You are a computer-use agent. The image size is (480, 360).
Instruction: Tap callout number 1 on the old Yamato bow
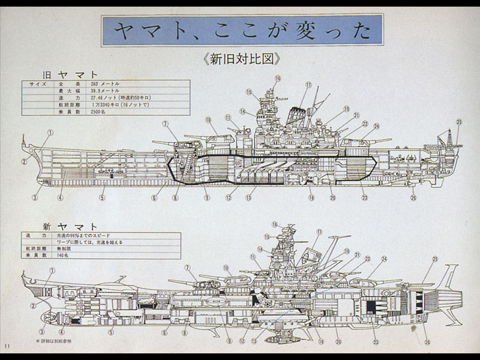pos(50,133)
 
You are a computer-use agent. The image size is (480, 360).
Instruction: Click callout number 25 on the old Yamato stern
pos(459,122)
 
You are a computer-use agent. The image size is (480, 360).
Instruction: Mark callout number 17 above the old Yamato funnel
pos(308,85)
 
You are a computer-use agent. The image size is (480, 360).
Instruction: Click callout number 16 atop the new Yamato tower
pos(275,224)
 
